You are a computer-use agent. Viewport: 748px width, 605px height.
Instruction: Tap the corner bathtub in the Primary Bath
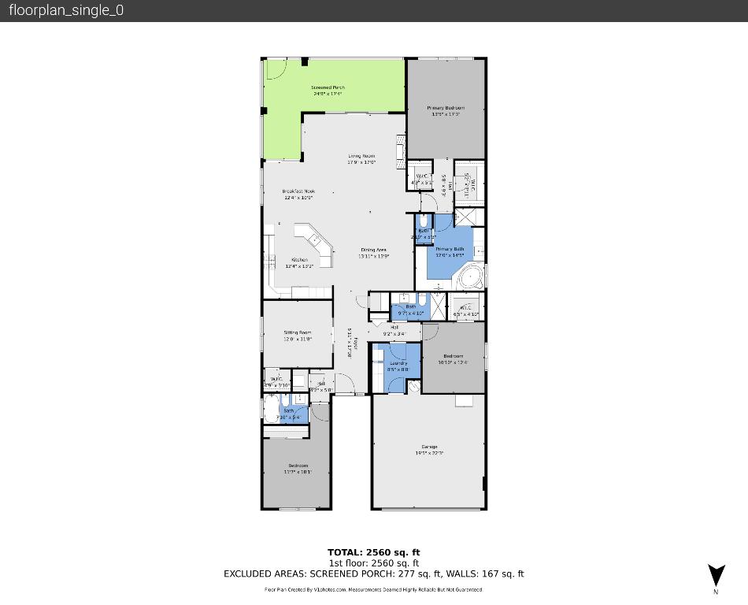pyautogui.click(x=472, y=278)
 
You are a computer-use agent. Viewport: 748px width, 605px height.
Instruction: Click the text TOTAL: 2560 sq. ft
pyautogui.click(x=374, y=552)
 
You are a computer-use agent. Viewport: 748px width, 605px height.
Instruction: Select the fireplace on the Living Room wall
pyautogui.click(x=402, y=150)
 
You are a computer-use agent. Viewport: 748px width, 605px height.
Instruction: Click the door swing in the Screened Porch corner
pyautogui.click(x=275, y=71)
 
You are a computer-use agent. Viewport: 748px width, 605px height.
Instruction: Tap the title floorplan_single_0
pyautogui.click(x=66, y=10)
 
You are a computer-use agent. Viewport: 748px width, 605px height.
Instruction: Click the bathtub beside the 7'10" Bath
pyautogui.click(x=270, y=410)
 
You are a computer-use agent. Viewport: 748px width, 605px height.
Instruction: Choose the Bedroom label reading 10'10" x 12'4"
pyautogui.click(x=453, y=358)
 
